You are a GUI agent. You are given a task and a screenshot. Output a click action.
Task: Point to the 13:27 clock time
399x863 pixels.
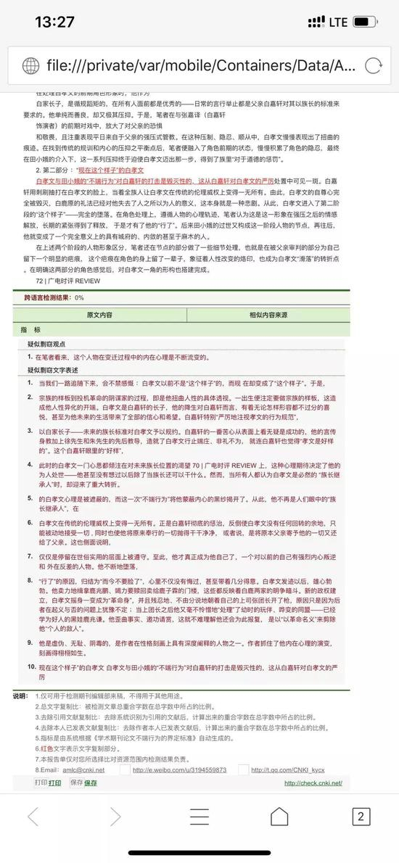(x=54, y=22)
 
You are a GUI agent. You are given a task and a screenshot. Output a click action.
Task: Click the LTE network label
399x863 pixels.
(x=338, y=22)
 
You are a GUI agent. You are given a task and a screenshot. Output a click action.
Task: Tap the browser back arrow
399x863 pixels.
(x=33, y=817)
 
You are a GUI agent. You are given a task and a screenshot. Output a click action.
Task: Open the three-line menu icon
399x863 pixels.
(x=199, y=817)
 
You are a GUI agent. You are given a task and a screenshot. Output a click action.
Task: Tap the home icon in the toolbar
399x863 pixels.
(x=279, y=817)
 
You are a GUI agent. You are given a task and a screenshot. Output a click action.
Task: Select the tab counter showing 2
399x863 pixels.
(x=361, y=817)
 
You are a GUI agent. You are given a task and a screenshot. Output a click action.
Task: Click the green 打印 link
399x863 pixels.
(x=54, y=783)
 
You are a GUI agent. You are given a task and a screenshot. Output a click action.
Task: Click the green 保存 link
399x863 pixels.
(x=90, y=783)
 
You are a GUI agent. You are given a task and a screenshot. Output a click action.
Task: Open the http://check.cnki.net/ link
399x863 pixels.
(x=313, y=783)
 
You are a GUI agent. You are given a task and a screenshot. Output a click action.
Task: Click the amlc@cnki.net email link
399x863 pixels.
(x=80, y=769)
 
